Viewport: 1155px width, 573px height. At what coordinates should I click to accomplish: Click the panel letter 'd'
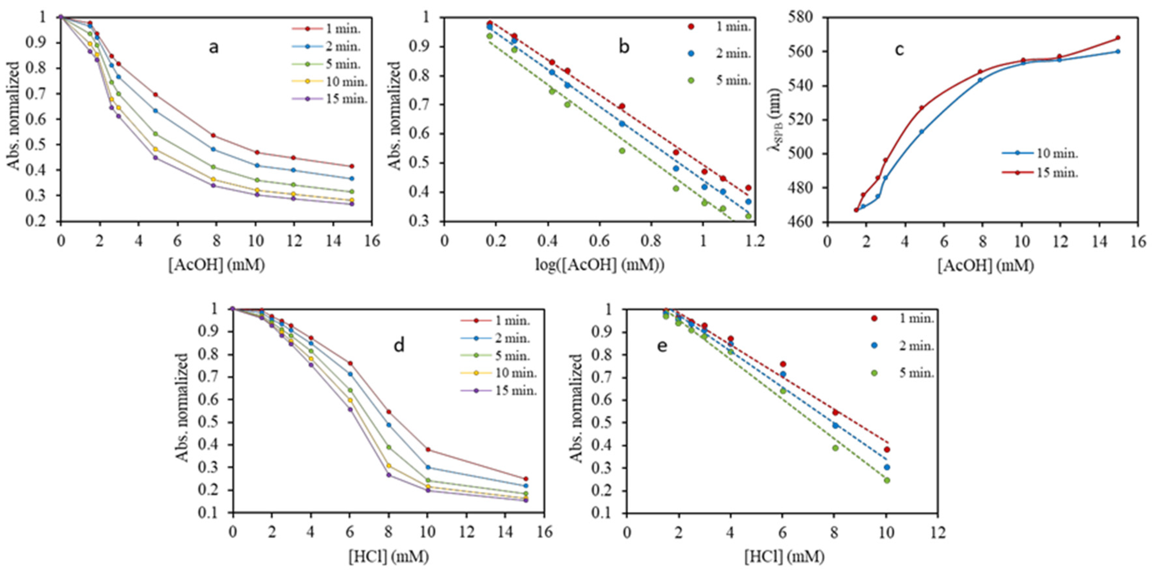399,346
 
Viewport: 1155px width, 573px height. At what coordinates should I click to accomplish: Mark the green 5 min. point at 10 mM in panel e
886,480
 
